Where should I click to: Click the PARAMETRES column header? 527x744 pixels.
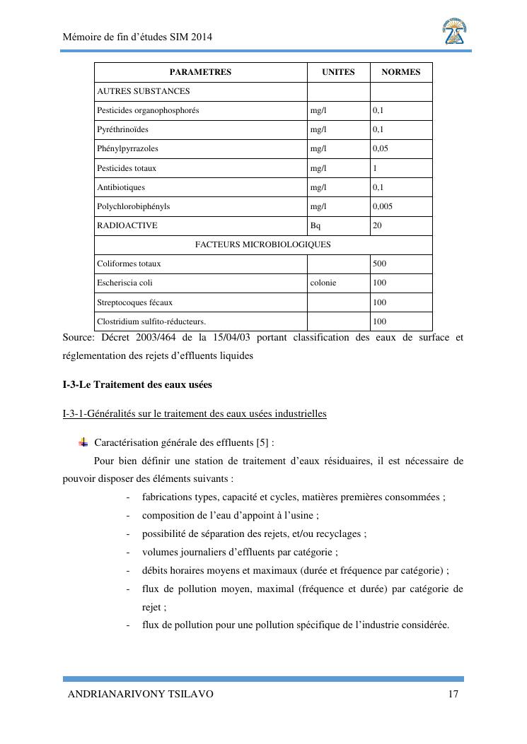pyautogui.click(x=200, y=72)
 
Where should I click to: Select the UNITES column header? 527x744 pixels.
pyautogui.click(x=338, y=72)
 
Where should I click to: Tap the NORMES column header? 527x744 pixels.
pyautogui.click(x=400, y=72)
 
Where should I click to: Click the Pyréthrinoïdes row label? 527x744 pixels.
pyautogui.click(x=123, y=130)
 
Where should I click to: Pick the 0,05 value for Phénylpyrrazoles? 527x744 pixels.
pyautogui.click(x=381, y=149)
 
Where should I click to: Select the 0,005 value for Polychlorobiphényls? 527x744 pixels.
pyautogui.click(x=383, y=206)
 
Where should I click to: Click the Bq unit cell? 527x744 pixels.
pyautogui.click(x=315, y=225)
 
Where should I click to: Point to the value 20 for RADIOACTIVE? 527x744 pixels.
pyautogui.click(x=377, y=225)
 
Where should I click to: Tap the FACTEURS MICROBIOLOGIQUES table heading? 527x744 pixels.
pyautogui.click(x=262, y=244)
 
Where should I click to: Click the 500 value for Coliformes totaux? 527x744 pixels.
pyautogui.click(x=379, y=264)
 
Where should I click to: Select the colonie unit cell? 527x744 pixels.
pyautogui.click(x=323, y=283)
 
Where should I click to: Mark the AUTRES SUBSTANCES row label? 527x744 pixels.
pyautogui.click(x=144, y=91)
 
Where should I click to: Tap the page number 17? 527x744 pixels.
pyautogui.click(x=453, y=695)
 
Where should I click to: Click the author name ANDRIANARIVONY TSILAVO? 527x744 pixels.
pyautogui.click(x=140, y=695)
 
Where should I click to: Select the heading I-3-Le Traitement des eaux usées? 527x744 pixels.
pyautogui.click(x=137, y=385)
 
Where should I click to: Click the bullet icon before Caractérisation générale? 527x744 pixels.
pyautogui.click(x=83, y=442)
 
